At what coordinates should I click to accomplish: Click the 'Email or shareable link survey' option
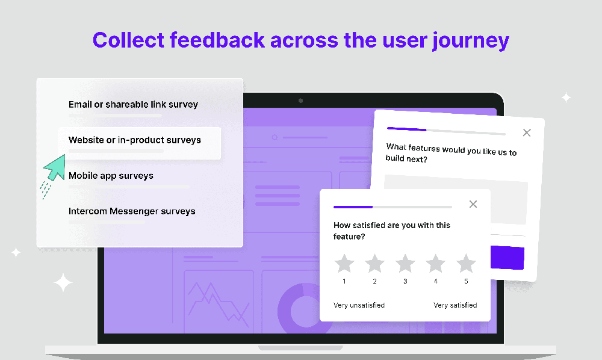(x=133, y=105)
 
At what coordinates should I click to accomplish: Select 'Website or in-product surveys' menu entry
(x=135, y=140)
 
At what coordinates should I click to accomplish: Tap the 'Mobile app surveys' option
(x=111, y=176)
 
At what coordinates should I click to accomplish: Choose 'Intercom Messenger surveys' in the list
(x=132, y=211)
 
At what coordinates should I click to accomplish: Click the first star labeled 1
(x=344, y=263)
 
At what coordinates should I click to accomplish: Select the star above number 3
(x=405, y=263)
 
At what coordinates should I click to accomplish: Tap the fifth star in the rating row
(x=466, y=263)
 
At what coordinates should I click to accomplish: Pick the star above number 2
(x=374, y=263)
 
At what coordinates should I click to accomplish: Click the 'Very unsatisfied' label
(x=359, y=305)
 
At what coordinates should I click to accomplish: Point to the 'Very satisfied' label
(x=455, y=305)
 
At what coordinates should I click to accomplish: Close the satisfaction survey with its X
(x=473, y=204)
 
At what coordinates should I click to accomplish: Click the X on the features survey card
(x=527, y=132)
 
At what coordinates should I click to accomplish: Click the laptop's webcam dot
(x=301, y=101)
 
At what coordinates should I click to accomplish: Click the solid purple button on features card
(x=507, y=258)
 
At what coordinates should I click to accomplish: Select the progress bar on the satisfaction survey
(x=393, y=206)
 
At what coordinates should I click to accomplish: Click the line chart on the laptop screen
(x=219, y=302)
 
